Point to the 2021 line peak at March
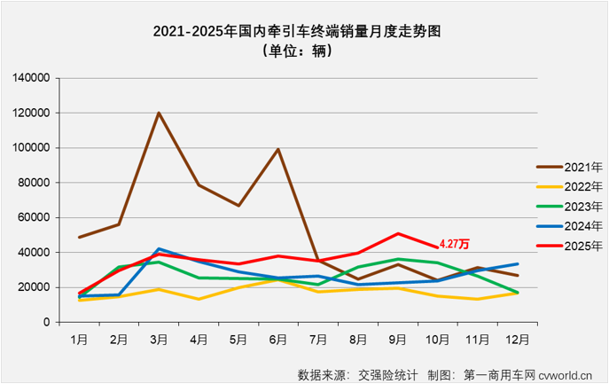coord(159,113)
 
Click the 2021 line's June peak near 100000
coord(278,149)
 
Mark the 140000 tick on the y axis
coord(30,78)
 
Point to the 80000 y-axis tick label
coord(34,183)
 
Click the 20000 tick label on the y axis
coord(34,287)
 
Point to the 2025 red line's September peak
coord(398,233)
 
